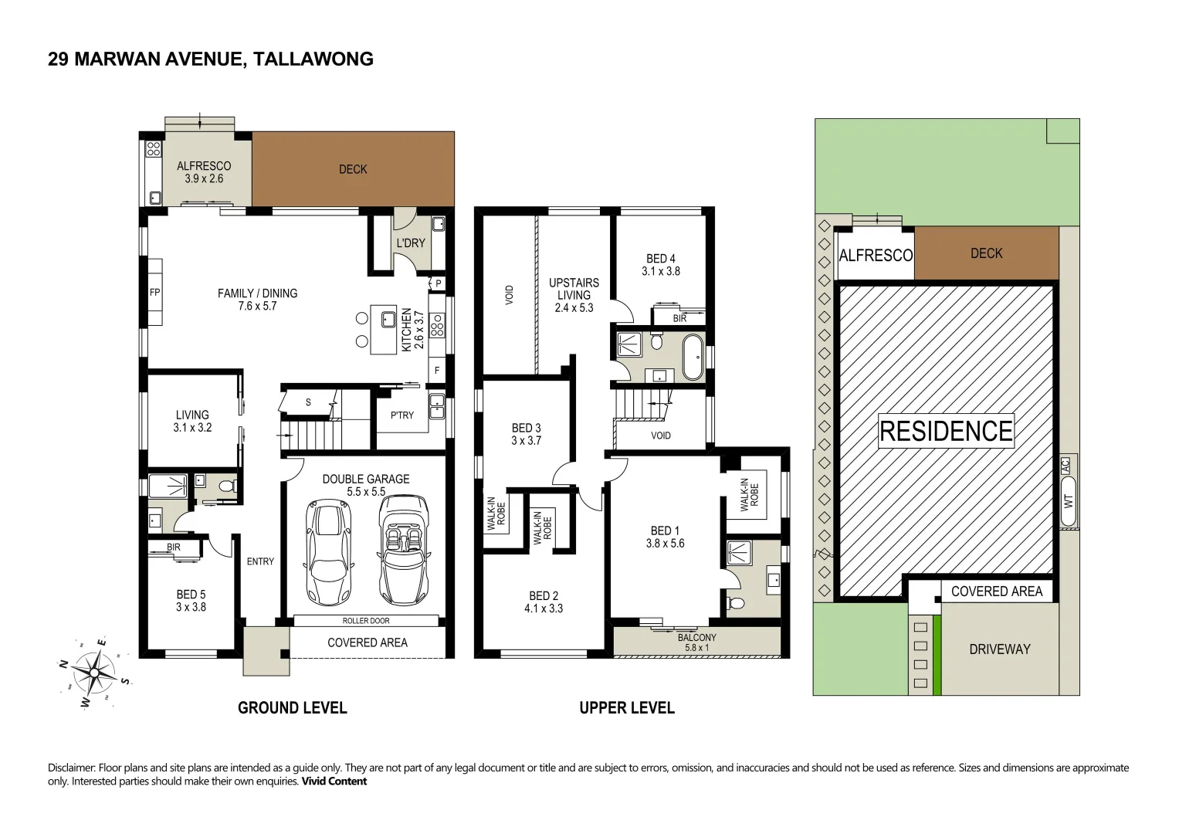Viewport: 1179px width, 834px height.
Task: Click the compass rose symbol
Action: pos(93,673)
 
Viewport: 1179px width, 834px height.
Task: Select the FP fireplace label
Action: pos(154,293)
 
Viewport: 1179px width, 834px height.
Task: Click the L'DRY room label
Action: pos(410,243)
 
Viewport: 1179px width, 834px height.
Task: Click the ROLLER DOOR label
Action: pos(366,621)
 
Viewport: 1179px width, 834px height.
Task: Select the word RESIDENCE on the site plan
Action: pos(946,431)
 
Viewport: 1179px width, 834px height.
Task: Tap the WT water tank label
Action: pos(1069,500)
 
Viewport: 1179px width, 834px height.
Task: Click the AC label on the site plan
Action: pos(1066,466)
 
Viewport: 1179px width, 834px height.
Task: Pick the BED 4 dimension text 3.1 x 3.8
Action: pos(660,272)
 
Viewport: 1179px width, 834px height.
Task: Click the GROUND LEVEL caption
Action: pos(292,707)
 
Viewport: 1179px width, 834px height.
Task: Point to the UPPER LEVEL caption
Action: pos(627,707)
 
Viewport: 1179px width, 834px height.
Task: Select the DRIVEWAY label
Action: pos(999,649)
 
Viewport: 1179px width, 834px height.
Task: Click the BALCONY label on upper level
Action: pos(696,637)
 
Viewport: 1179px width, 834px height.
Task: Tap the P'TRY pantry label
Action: pos(401,415)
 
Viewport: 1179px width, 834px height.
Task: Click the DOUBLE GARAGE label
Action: pos(366,479)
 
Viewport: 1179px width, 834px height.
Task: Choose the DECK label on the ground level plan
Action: pos(353,169)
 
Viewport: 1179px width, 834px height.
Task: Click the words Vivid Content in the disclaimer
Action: pos(334,781)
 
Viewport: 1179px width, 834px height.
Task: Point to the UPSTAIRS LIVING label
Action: pos(574,289)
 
